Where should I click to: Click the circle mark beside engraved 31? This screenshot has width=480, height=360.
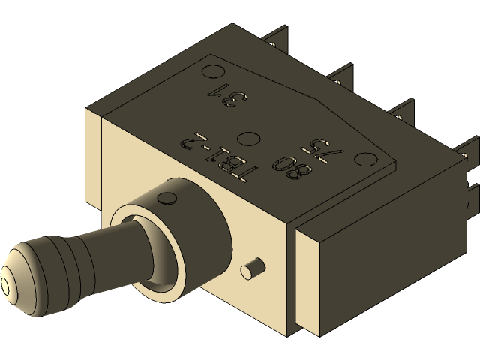pos(213,71)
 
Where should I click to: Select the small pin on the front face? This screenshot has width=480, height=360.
pos(252,268)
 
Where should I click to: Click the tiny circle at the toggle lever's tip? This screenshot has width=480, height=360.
pos(7,286)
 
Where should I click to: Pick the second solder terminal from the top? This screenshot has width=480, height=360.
pos(340,75)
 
